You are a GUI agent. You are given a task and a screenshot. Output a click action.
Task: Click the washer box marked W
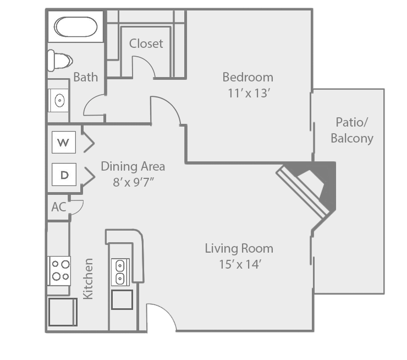click(64, 143)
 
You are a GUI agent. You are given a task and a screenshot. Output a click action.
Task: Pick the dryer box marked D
click(64, 175)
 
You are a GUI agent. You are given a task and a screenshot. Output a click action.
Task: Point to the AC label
click(58, 207)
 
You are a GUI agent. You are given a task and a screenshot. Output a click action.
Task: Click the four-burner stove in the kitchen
click(59, 270)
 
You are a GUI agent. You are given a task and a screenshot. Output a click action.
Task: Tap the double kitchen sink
click(119, 271)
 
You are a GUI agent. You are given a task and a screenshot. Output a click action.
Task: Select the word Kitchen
click(88, 279)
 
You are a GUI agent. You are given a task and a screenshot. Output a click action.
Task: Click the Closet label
click(146, 43)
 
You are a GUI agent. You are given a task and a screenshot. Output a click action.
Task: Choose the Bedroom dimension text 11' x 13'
click(248, 93)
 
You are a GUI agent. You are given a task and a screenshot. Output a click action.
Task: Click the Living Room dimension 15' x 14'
click(239, 264)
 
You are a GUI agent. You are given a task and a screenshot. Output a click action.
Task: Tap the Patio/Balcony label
click(351, 130)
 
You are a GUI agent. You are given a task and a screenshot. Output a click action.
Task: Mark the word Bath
click(85, 77)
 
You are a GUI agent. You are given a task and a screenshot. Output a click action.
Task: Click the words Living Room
click(239, 248)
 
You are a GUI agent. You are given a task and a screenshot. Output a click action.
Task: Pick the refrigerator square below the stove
click(62, 312)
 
